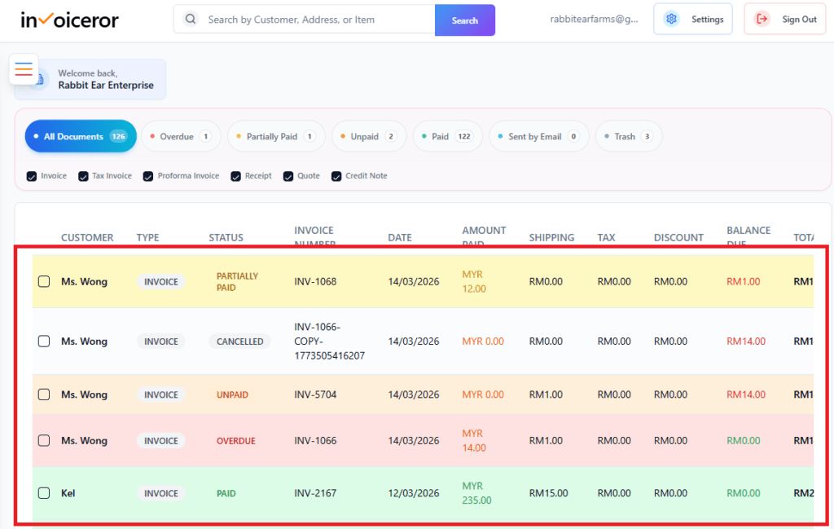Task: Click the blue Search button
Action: click(464, 20)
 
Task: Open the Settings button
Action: click(692, 19)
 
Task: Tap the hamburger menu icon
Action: click(24, 69)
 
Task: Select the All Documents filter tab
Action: click(80, 136)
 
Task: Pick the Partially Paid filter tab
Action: click(275, 136)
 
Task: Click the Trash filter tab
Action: click(628, 136)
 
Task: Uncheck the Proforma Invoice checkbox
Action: click(149, 176)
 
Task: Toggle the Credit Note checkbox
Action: click(336, 176)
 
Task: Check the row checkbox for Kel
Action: click(44, 493)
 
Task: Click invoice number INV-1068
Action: click(315, 282)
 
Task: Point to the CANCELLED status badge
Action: click(239, 342)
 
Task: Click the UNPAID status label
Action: click(232, 395)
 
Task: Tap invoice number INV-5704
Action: click(315, 395)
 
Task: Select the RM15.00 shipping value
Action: click(548, 493)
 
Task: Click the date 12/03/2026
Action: click(413, 493)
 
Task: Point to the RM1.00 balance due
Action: click(743, 282)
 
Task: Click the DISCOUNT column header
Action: click(678, 238)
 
